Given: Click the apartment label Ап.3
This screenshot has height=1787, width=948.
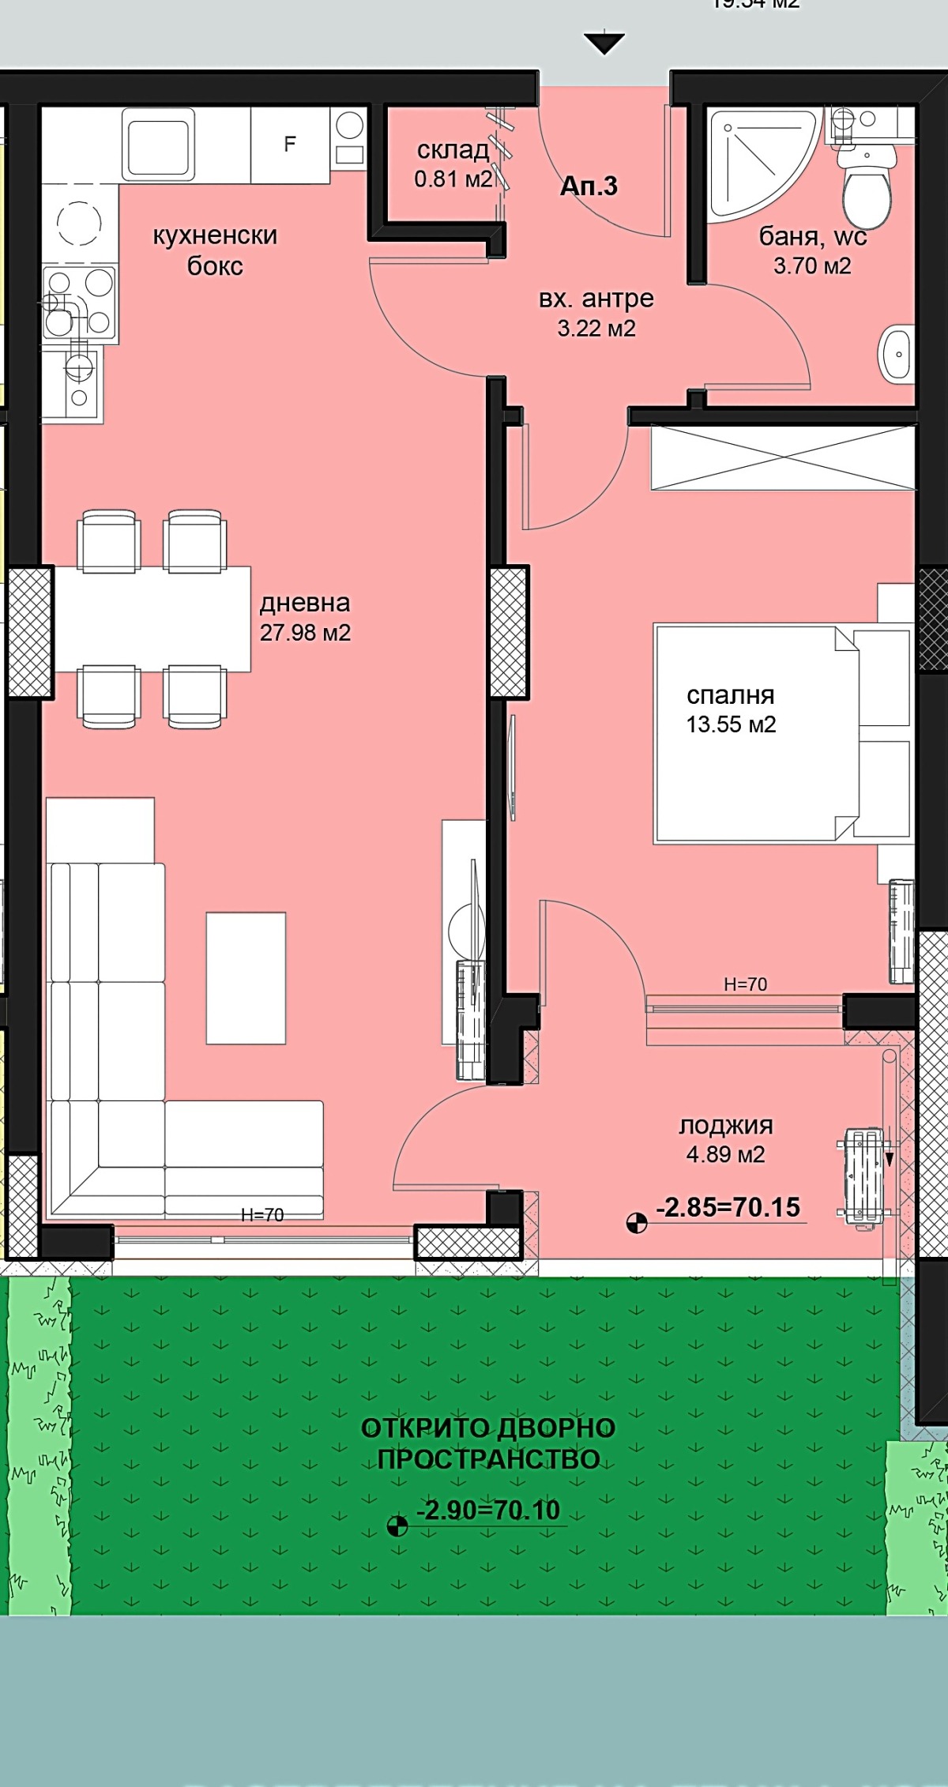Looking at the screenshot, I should (x=589, y=186).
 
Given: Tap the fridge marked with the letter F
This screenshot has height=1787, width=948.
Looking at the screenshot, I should (x=290, y=145).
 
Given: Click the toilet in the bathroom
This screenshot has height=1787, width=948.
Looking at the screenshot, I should (x=866, y=190).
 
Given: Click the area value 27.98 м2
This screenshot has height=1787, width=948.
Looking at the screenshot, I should (x=305, y=633).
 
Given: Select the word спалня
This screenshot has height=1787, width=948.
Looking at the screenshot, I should (x=730, y=695).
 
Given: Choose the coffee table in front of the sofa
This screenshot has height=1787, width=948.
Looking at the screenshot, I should (x=246, y=978).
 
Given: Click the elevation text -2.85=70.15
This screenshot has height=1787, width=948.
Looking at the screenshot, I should (x=728, y=1207).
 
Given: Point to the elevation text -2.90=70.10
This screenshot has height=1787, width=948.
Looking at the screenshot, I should (x=488, y=1510).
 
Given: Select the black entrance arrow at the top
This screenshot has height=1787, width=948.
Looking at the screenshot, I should (x=604, y=43).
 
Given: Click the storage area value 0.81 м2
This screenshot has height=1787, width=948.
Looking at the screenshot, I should (x=453, y=179).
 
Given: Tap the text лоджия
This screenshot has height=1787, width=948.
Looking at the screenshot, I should (x=726, y=1125).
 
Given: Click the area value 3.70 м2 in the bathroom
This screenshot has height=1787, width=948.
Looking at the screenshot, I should (x=812, y=266).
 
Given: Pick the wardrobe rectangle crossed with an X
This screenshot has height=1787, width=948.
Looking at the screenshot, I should (x=782, y=458).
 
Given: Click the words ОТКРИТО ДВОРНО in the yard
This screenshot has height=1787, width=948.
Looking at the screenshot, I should (x=488, y=1428).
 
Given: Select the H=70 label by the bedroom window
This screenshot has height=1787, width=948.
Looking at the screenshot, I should (x=745, y=984).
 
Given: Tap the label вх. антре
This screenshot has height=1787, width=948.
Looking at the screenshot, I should (x=596, y=299).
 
